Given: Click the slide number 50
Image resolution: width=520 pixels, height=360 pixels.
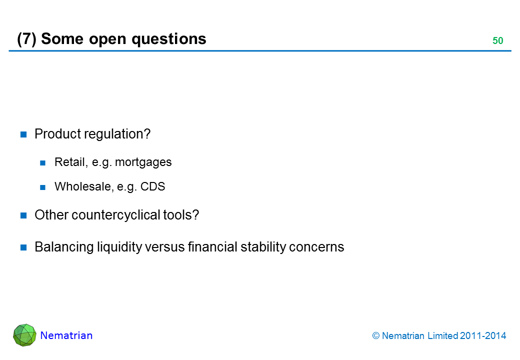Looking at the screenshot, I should (497, 41).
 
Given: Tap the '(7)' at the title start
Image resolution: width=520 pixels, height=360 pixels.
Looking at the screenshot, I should (26, 39).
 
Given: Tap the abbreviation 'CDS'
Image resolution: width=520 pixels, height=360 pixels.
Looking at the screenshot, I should (153, 187).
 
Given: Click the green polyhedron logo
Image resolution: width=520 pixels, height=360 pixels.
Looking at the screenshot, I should (24, 335).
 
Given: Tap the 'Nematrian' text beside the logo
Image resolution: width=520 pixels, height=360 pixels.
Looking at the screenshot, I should (66, 335).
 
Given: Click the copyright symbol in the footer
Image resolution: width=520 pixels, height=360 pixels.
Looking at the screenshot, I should (376, 336).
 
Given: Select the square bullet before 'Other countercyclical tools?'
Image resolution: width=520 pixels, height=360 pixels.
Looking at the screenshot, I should (23, 215).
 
